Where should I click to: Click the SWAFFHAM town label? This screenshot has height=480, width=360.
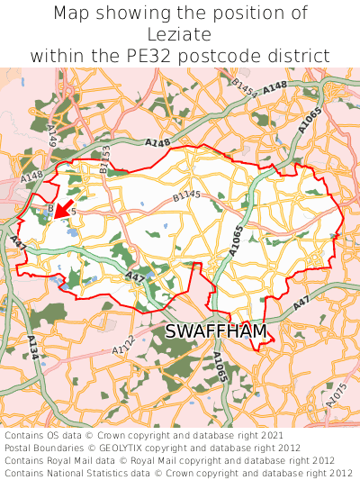coord(216,332)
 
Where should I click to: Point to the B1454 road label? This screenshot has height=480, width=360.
coord(244,87)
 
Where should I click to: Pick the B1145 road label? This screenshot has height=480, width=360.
coord(187,195)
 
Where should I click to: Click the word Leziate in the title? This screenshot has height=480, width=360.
coord(180,34)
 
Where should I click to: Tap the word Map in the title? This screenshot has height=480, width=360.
coord(73,14)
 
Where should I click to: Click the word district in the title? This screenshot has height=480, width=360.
coord(306,56)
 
